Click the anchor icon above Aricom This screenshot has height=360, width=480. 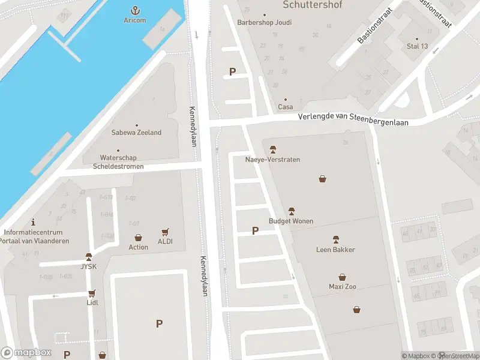pyautogui.click(x=135, y=10)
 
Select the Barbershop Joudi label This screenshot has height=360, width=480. pyautogui.click(x=264, y=23)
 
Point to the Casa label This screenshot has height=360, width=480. pyautogui.click(x=285, y=107)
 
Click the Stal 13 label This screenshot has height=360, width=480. pyautogui.click(x=417, y=46)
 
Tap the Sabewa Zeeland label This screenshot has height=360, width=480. pyautogui.click(x=136, y=133)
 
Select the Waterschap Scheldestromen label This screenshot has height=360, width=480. pyautogui.click(x=118, y=162)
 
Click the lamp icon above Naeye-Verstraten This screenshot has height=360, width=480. pyautogui.click(x=272, y=149)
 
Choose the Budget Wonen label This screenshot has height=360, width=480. pyautogui.click(x=291, y=221)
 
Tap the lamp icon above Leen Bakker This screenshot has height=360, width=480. pyautogui.click(x=335, y=239)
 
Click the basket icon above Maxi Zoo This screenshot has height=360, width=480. pyautogui.click(x=342, y=277)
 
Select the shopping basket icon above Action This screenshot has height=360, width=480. pyautogui.click(x=138, y=238)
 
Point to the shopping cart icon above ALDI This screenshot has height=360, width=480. pyautogui.click(x=165, y=232)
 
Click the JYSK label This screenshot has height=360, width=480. pyautogui.click(x=89, y=266)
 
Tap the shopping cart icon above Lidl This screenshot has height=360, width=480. pyautogui.click(x=92, y=293)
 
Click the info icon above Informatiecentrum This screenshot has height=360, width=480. pyautogui.click(x=33, y=221)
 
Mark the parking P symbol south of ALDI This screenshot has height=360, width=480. pyautogui.click(x=159, y=323)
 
